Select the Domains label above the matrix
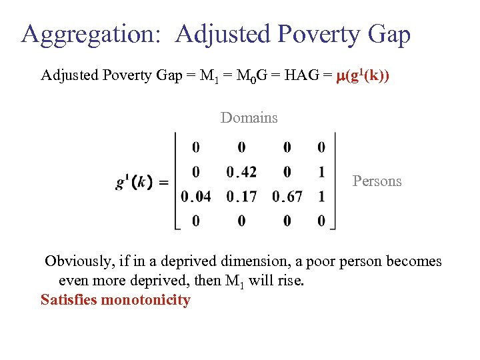(x=249, y=118)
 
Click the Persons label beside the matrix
(x=377, y=181)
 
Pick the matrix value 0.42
(x=241, y=173)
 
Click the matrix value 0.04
(x=195, y=197)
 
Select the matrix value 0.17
(x=241, y=197)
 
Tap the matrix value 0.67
(x=287, y=197)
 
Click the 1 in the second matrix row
(x=322, y=173)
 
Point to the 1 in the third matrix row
(x=322, y=197)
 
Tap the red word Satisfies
(x=68, y=300)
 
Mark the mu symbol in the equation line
(x=335, y=77)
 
